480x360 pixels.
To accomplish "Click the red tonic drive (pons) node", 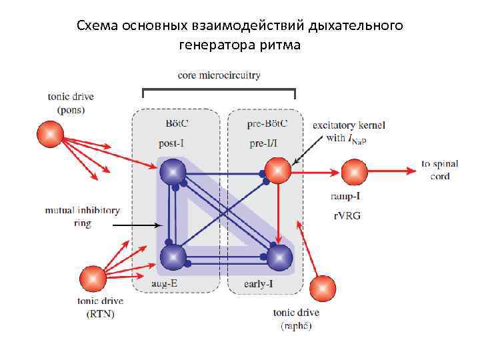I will click(49, 133).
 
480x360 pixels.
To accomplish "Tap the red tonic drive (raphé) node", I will click(323, 287).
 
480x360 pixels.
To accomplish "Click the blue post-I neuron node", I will click(173, 172).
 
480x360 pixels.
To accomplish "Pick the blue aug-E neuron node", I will click(173, 257).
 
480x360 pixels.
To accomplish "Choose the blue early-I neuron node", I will click(279, 257).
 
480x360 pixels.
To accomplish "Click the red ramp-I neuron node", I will click(354, 172).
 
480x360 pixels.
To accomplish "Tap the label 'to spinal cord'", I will click(435, 170).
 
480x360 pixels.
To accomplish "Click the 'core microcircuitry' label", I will click(219, 75).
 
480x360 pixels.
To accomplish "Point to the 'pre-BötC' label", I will click(268, 123).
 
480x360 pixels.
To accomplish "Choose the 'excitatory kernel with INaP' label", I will click(349, 131).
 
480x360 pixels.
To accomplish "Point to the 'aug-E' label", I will click(164, 284).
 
